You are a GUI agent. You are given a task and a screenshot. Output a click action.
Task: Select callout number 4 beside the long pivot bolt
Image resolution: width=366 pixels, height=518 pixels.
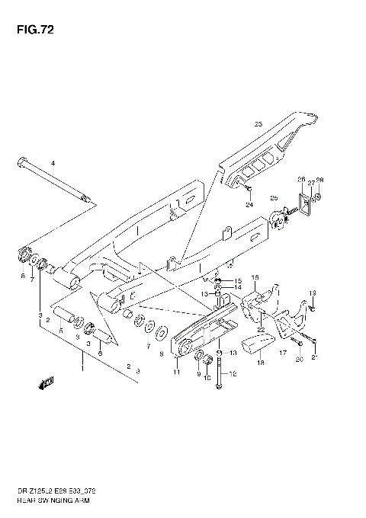53,164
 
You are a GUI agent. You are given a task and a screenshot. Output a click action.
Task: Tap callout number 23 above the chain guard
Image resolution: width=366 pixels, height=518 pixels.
258,124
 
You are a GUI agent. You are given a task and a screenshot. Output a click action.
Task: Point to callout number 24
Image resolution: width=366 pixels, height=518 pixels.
249,205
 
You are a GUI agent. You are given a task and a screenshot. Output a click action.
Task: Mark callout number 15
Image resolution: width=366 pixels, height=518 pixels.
237,281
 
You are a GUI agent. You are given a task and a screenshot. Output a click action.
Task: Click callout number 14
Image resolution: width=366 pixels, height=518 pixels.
237,288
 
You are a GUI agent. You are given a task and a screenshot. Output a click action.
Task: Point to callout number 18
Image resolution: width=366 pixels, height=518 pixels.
261,364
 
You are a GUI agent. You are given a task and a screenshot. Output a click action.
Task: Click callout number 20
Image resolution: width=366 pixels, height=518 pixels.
299,359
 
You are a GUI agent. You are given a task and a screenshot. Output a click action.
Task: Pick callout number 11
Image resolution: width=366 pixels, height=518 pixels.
176,373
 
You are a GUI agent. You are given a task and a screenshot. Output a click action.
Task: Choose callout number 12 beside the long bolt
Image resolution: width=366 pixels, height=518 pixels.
234,373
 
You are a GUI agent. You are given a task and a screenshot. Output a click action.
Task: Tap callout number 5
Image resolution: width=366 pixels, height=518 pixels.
61,330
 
